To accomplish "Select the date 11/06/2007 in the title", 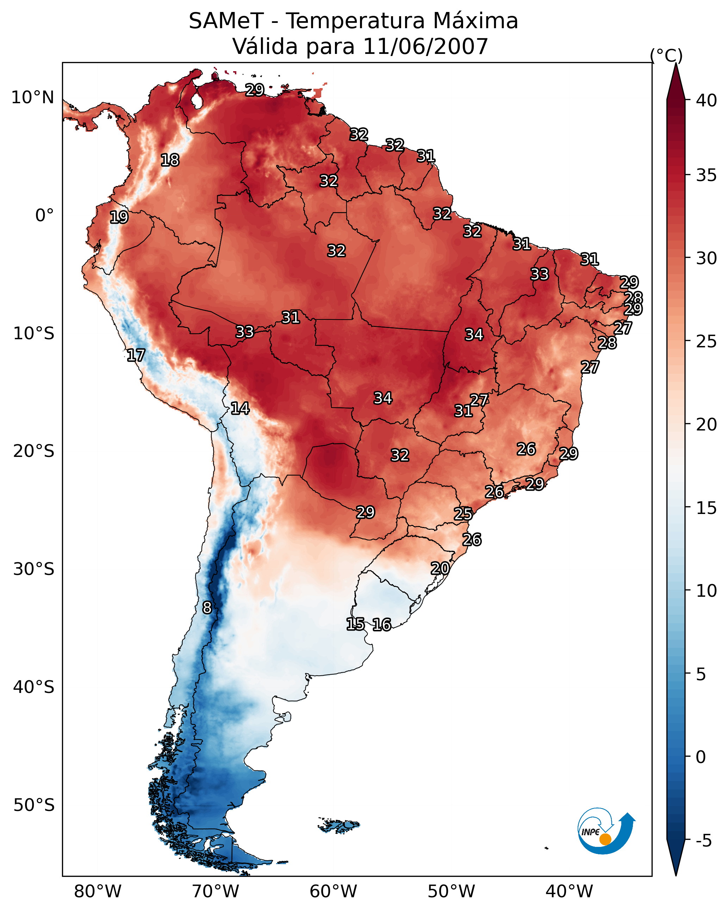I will (425, 47).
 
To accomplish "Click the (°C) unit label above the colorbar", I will (666, 55).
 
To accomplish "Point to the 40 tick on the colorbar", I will (706, 100).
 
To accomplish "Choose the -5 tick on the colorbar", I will (703, 841).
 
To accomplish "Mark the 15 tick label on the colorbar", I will (706, 508).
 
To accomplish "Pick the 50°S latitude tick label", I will (34, 805).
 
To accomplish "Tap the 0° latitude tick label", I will (44, 216).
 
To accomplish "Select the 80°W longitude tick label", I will (98, 891).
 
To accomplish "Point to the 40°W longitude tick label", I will (569, 891).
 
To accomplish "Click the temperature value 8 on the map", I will (207, 608).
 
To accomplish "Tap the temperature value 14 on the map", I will (240, 408).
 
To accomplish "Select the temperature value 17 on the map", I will (136, 355).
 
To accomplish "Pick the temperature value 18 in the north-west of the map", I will (170, 160).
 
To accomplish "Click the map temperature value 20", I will (440, 568).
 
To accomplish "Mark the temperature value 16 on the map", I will (382, 625).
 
